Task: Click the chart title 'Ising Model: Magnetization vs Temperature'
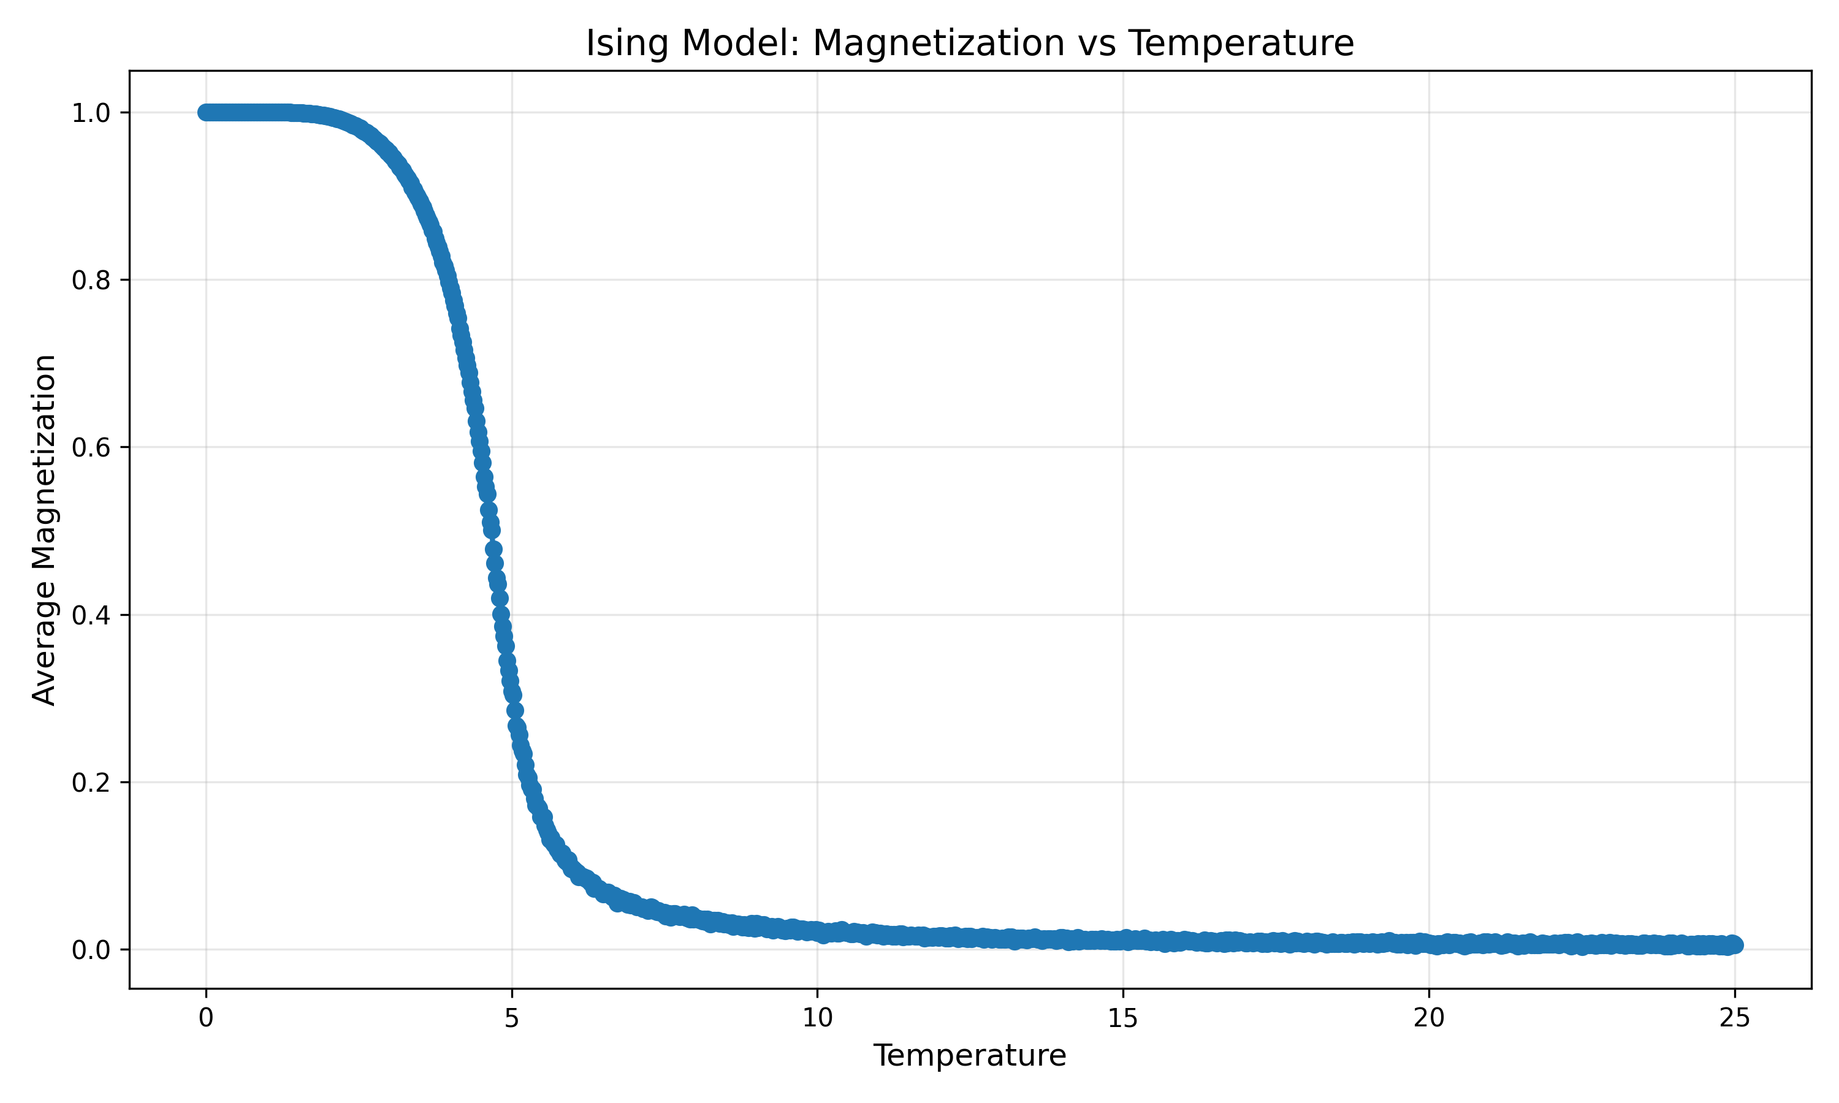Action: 969,43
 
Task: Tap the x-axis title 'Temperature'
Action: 969,1055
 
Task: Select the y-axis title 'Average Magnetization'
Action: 45,529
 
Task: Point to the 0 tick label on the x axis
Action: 206,1018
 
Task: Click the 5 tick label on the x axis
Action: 511,1018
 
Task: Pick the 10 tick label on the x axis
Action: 817,1018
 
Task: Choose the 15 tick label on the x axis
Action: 1122,1018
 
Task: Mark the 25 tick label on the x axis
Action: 1734,1018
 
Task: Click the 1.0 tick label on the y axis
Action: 91,113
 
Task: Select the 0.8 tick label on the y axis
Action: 91,280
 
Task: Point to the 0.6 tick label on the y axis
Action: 91,447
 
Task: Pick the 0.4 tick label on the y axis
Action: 91,615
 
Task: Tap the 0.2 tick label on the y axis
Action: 91,783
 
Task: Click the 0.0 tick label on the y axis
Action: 91,950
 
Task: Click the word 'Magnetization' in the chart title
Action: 938,43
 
